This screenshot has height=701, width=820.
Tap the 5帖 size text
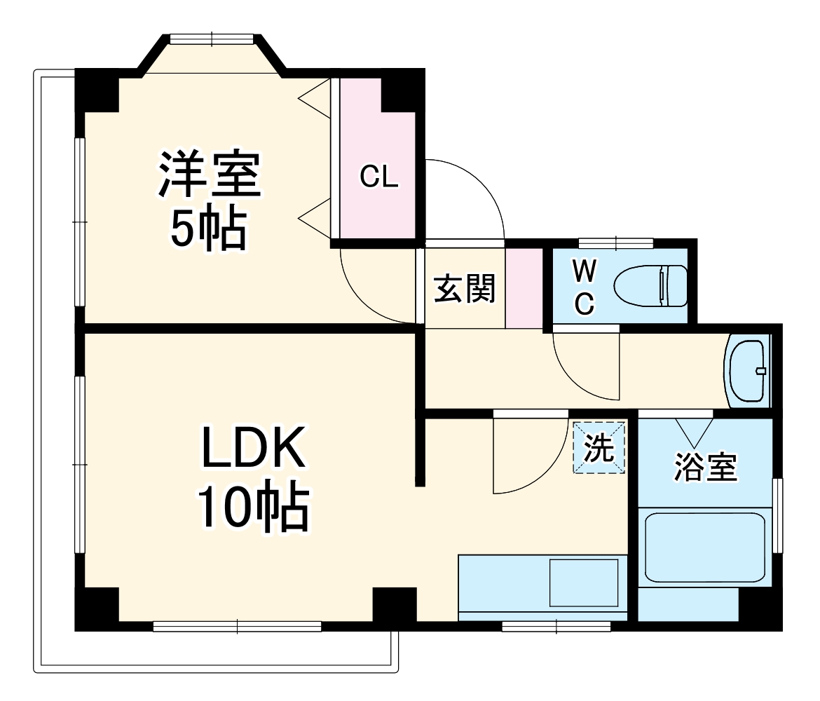[209, 229]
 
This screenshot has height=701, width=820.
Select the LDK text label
[253, 448]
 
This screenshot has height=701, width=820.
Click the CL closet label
[379, 178]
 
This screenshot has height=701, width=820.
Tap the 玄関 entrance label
[464, 288]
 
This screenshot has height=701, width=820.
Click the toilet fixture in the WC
[651, 286]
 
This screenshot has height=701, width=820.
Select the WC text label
[585, 286]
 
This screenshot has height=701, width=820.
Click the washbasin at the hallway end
[749, 371]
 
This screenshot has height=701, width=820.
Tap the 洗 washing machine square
[599, 448]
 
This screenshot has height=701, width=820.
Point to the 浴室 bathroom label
[706, 468]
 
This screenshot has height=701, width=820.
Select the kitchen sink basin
[584, 583]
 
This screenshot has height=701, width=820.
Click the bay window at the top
[212, 40]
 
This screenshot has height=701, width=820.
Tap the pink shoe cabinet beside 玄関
[524, 287]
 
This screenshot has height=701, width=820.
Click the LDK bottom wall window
[237, 626]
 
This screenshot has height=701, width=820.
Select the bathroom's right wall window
[777, 515]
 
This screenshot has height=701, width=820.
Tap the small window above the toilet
[616, 243]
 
